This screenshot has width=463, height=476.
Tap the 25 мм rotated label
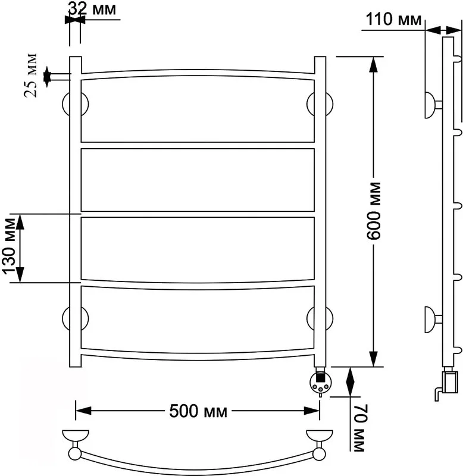[30, 76]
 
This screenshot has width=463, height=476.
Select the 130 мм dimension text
[8, 246]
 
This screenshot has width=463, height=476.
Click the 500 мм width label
[198, 411]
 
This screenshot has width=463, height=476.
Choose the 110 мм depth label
[393, 19]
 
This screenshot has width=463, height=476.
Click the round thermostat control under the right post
[320, 383]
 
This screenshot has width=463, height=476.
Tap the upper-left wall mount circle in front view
[76, 104]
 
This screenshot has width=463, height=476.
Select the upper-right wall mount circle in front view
[320, 104]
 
